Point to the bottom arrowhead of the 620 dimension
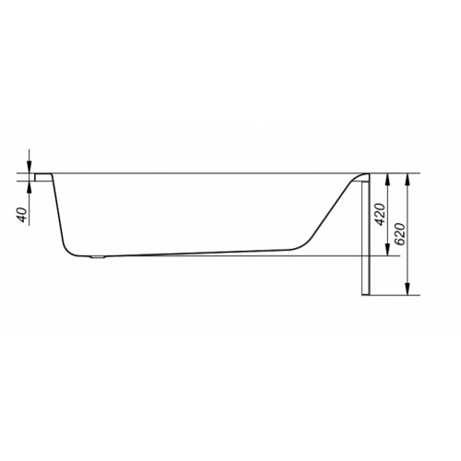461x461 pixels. click(x=408, y=290)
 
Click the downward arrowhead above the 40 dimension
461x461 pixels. click(x=30, y=166)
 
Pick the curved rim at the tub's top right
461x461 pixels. click(x=360, y=175)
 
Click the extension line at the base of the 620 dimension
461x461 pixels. click(x=396, y=295)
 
